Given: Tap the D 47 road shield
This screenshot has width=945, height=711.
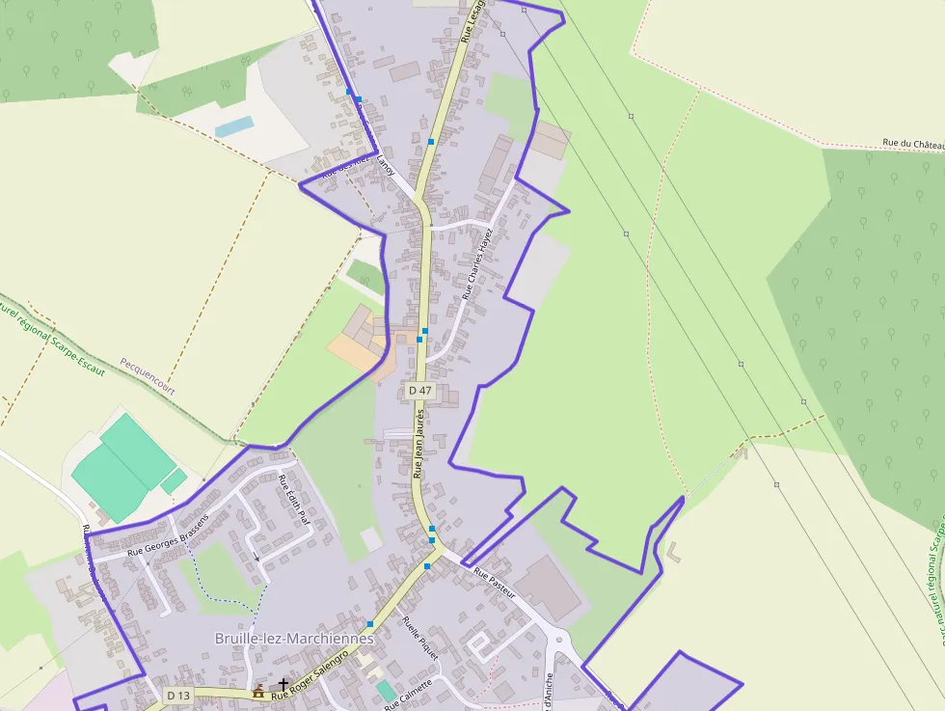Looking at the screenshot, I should click(420, 391).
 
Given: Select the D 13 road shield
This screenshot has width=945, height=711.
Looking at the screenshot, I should click(177, 696).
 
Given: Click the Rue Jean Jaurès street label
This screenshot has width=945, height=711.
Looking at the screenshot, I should click(419, 444).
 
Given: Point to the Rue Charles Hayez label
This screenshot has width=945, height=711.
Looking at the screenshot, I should click(479, 263).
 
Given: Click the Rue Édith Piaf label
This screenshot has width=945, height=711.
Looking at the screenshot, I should click(294, 500).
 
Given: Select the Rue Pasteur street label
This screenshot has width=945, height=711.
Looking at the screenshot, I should click(495, 582).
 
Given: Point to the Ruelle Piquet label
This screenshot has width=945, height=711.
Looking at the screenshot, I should click(420, 638).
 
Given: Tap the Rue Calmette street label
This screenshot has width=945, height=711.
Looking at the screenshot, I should click(408, 694).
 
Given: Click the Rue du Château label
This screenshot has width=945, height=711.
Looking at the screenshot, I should click(912, 144).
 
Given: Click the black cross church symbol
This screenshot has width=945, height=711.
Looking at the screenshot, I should click(283, 684).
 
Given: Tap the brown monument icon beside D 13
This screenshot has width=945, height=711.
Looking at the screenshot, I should click(258, 692).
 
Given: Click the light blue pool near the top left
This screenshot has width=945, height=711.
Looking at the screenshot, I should click(234, 126).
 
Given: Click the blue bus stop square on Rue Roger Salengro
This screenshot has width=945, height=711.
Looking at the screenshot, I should click(369, 624).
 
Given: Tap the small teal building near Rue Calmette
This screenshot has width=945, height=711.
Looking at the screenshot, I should click(386, 691).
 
